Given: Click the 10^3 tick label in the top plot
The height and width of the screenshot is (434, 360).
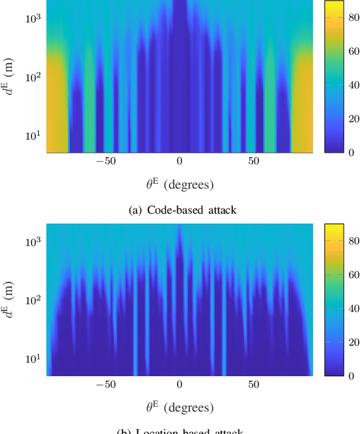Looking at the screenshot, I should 33,17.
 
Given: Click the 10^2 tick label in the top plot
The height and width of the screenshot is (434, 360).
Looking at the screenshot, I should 33,76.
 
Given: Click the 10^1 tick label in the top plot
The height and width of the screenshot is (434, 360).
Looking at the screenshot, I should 33,135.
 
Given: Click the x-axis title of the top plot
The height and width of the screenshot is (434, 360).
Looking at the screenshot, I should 179,184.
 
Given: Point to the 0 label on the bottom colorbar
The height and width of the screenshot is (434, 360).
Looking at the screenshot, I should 345,376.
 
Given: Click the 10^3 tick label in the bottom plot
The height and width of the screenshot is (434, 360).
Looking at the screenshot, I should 33,241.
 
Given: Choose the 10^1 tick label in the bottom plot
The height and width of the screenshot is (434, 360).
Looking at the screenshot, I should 33,359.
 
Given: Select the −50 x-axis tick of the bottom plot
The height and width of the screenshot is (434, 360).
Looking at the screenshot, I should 105,385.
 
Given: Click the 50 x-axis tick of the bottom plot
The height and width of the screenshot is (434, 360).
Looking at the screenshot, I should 254,385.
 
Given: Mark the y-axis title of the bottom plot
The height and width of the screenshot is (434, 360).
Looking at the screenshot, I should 10,300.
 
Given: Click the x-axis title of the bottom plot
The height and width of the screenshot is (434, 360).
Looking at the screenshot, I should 179,408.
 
